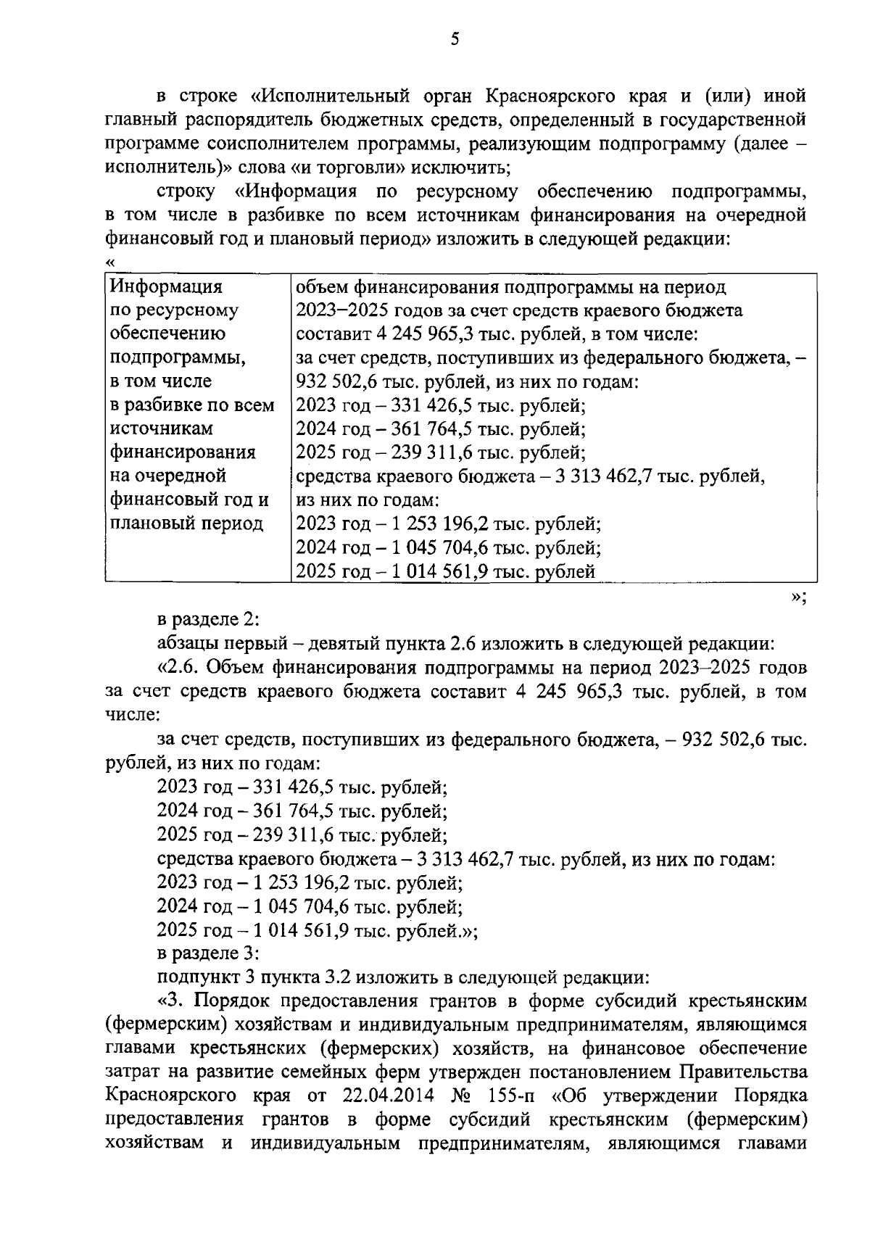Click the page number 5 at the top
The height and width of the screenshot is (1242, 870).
coord(455,40)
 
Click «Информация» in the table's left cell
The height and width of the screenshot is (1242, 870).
coord(166,287)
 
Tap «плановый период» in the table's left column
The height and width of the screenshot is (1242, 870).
coord(186,523)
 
